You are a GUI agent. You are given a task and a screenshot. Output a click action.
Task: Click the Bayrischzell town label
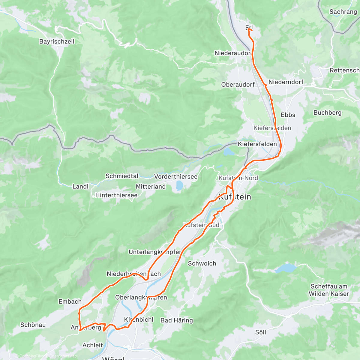tap(57, 42)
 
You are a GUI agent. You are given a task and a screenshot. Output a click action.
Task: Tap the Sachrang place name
tap(343, 12)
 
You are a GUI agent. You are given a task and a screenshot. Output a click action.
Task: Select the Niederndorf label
tap(286, 82)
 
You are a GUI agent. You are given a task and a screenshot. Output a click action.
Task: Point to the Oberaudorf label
tap(238, 85)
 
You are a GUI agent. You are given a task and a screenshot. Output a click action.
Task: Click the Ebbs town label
tap(288, 115)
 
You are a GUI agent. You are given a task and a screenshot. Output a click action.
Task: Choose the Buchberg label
tap(327, 113)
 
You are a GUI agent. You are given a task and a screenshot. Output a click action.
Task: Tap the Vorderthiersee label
tap(176, 177)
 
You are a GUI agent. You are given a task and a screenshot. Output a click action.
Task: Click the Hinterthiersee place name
tap(116, 195)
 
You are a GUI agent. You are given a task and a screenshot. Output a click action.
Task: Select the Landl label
tap(80, 187)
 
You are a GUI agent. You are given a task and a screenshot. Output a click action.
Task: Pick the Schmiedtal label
tap(122, 176)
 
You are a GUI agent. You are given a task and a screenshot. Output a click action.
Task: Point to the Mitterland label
tap(151, 187)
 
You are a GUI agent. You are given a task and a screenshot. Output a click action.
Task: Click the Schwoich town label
tap(202, 263)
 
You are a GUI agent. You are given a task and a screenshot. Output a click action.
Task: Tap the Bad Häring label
tap(177, 320)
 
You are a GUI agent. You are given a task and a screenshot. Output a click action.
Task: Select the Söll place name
tap(260, 332)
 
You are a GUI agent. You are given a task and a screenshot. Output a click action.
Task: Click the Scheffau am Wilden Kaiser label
tap(329, 290)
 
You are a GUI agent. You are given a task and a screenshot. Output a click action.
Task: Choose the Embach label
tap(70, 302)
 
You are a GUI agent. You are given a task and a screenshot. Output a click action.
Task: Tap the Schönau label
tap(33, 325)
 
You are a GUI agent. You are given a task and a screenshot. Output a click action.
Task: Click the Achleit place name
tap(93, 345)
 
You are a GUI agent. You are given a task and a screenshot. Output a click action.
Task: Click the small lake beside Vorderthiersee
tap(179, 186)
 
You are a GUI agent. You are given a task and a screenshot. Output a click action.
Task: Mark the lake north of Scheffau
tap(285, 268)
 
